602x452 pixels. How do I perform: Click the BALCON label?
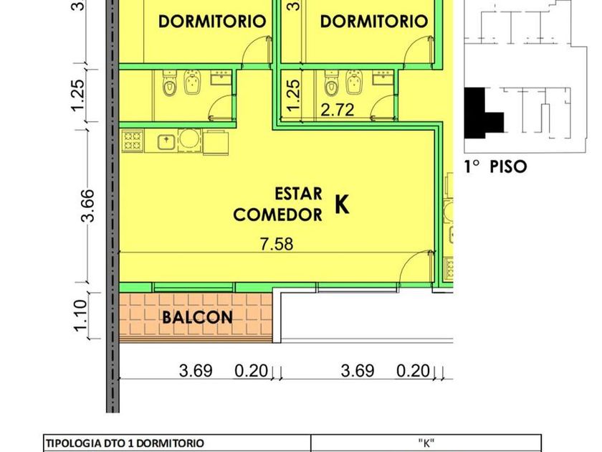click(197, 317)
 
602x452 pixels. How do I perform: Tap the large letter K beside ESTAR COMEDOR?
click(342, 204)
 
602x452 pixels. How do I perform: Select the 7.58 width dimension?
click(277, 244)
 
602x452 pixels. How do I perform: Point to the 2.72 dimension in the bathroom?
click(337, 110)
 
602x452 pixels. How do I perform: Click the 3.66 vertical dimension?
click(87, 206)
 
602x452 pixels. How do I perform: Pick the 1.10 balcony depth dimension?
click(80, 316)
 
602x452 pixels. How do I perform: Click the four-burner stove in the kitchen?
click(133, 141)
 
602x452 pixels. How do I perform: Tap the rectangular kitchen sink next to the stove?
click(166, 142)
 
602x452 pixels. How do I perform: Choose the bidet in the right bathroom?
click(354, 83)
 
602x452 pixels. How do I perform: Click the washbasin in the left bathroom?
click(221, 77)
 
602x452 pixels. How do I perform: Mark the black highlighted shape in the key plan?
click(483, 114)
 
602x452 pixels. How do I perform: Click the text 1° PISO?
click(495, 167)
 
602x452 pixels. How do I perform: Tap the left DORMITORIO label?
click(212, 22)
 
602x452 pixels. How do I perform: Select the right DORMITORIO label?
click(374, 22)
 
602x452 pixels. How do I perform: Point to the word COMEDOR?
click(277, 215)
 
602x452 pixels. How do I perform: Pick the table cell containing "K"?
click(426, 443)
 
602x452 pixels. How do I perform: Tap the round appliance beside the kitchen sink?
click(190, 138)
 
